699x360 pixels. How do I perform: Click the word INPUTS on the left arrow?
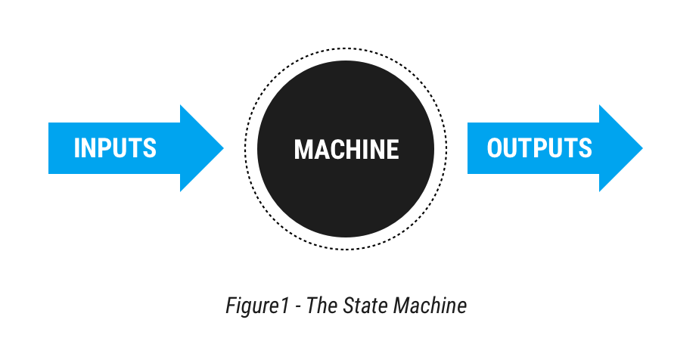click(115, 147)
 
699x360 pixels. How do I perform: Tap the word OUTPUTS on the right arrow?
click(539, 147)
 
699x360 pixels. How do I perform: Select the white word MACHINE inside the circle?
click(346, 149)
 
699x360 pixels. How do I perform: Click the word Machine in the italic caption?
click(433, 306)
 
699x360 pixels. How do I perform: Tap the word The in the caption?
click(321, 306)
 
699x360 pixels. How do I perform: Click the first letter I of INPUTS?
click(76, 147)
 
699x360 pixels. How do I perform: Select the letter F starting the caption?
click(231, 306)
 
